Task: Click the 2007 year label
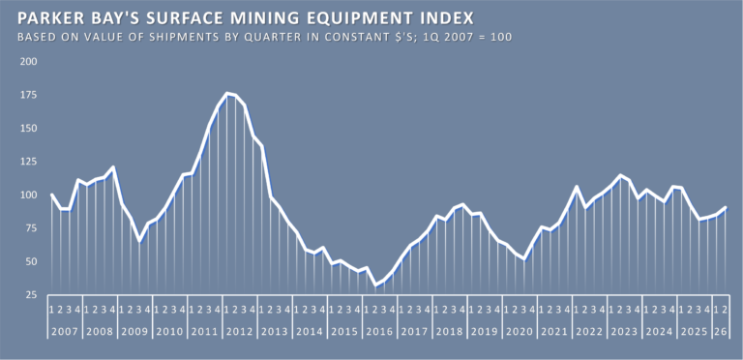pyautogui.click(x=65, y=332)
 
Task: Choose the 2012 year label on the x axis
pyautogui.click(x=240, y=332)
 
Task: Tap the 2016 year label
pyautogui.click(x=379, y=332)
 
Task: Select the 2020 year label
pyautogui.click(x=520, y=332)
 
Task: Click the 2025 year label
pyautogui.click(x=695, y=332)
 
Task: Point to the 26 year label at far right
pyautogui.click(x=720, y=332)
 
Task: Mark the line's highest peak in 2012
pyautogui.click(x=227, y=93)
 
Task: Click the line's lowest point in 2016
pyautogui.click(x=375, y=285)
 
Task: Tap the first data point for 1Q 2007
pyautogui.click(x=51, y=195)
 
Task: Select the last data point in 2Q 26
pyautogui.click(x=725, y=207)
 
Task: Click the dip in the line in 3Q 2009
pyautogui.click(x=139, y=241)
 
